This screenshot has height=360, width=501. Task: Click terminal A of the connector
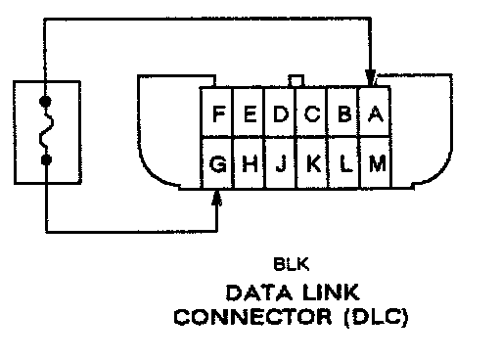pyautogui.click(x=375, y=112)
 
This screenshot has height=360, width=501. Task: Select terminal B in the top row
pyautogui.click(x=343, y=112)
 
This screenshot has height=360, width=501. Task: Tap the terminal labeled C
pyautogui.click(x=312, y=112)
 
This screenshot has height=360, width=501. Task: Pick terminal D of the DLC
pyautogui.click(x=281, y=112)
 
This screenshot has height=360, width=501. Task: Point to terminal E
pyautogui.click(x=250, y=112)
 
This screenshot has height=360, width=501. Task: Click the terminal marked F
pyautogui.click(x=217, y=112)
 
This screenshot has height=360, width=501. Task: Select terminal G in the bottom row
pyautogui.click(x=218, y=162)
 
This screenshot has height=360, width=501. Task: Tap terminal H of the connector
pyautogui.click(x=250, y=162)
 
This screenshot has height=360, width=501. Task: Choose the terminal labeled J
pyautogui.click(x=281, y=162)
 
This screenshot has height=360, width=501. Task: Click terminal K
pyautogui.click(x=312, y=162)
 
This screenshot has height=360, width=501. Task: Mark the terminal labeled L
pyautogui.click(x=344, y=162)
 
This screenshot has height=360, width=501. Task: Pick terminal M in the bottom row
pyautogui.click(x=376, y=162)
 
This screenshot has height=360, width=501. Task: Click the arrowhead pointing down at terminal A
pyautogui.click(x=370, y=77)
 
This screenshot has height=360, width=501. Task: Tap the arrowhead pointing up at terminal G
pyautogui.click(x=216, y=199)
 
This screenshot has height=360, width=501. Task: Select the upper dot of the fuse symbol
pyautogui.click(x=45, y=101)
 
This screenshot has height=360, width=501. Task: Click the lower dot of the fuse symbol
pyautogui.click(x=46, y=159)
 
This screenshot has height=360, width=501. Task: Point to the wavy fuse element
pyautogui.click(x=46, y=130)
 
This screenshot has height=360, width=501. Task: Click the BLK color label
pyautogui.click(x=291, y=264)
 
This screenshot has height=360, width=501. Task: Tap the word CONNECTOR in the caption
pyautogui.click(x=252, y=317)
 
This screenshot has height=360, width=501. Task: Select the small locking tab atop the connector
pyautogui.click(x=296, y=81)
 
